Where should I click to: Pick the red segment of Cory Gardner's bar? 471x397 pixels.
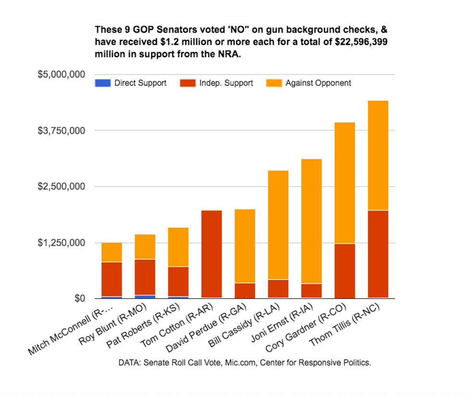click(x=345, y=271)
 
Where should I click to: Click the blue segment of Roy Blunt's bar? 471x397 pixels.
click(x=145, y=297)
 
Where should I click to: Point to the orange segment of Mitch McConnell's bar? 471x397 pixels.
click(x=112, y=252)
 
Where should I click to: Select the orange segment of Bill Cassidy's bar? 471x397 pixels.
click(x=278, y=225)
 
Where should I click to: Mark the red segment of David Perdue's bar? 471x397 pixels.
click(x=245, y=290)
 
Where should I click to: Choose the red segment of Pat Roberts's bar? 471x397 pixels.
click(x=178, y=281)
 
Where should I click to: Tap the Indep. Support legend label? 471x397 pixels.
click(x=230, y=83)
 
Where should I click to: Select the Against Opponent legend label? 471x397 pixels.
click(x=318, y=83)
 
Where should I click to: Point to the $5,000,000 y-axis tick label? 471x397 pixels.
click(x=61, y=74)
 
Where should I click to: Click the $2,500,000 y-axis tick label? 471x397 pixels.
click(x=61, y=186)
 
